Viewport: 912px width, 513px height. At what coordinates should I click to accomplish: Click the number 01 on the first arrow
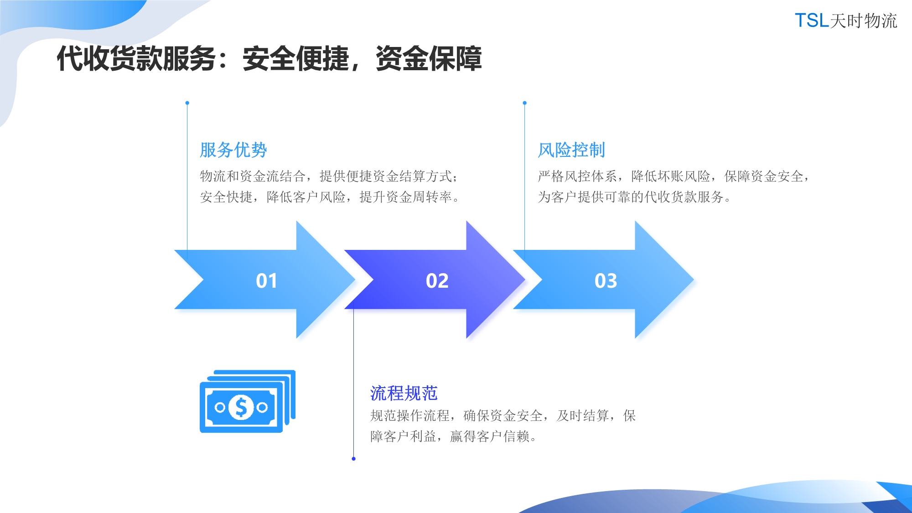[x=266, y=280]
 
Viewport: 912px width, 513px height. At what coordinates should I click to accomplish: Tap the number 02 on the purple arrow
[x=437, y=280]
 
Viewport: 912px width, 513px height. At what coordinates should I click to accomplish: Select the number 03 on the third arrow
[x=606, y=280]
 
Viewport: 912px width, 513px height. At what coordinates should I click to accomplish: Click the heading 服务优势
[x=233, y=150]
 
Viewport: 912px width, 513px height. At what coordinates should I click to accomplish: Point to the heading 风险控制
[x=571, y=150]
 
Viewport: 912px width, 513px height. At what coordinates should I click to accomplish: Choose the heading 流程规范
[x=404, y=393]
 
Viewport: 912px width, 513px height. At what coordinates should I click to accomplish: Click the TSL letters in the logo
[x=812, y=21]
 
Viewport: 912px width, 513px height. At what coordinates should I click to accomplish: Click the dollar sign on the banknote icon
[x=241, y=407]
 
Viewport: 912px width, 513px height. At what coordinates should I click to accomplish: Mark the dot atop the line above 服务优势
[x=187, y=103]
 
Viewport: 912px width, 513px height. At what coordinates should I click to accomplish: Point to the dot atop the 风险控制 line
[x=524, y=103]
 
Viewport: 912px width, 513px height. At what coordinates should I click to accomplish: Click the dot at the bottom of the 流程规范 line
[x=353, y=459]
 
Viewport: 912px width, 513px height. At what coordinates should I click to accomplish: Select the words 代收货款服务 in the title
[x=136, y=59]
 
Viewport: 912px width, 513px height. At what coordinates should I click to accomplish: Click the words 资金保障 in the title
[x=429, y=59]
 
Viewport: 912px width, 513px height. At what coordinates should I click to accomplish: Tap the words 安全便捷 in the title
[x=295, y=59]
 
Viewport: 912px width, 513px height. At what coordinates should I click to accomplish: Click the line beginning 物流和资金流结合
[x=329, y=176]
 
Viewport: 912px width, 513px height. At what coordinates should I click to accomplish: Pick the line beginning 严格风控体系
[x=674, y=176]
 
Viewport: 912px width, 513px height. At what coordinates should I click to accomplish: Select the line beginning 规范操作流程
[x=503, y=415]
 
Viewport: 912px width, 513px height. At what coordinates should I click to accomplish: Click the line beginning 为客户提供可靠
[x=634, y=197]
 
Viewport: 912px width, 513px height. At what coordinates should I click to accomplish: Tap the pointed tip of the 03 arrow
[x=694, y=280]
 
